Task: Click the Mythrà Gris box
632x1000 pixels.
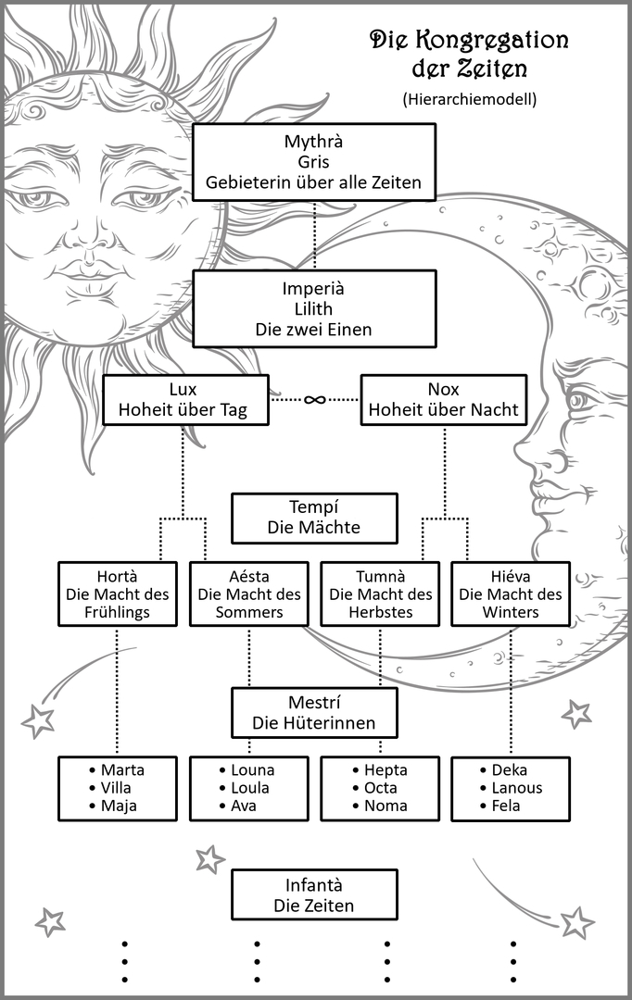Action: click(x=314, y=162)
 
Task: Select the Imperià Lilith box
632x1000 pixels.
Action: click(x=314, y=308)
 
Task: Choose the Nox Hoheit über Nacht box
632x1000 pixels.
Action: click(x=444, y=399)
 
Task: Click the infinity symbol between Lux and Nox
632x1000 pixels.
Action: click(x=315, y=399)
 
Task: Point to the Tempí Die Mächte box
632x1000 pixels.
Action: click(x=314, y=518)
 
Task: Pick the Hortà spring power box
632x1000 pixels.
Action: click(x=117, y=594)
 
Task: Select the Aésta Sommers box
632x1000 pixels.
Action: click(x=249, y=594)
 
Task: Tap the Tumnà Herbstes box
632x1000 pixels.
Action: click(x=381, y=594)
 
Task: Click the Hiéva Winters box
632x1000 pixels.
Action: click(x=511, y=594)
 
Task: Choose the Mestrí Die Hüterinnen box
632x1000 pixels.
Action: click(x=314, y=712)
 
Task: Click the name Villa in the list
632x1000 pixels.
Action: click(x=119, y=788)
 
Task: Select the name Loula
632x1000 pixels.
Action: click(x=250, y=788)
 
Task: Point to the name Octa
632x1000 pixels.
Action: click(x=381, y=788)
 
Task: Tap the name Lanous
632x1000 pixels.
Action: click(x=517, y=788)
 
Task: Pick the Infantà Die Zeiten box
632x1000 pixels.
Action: click(x=314, y=894)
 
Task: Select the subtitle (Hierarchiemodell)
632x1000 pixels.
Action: click(x=470, y=98)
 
